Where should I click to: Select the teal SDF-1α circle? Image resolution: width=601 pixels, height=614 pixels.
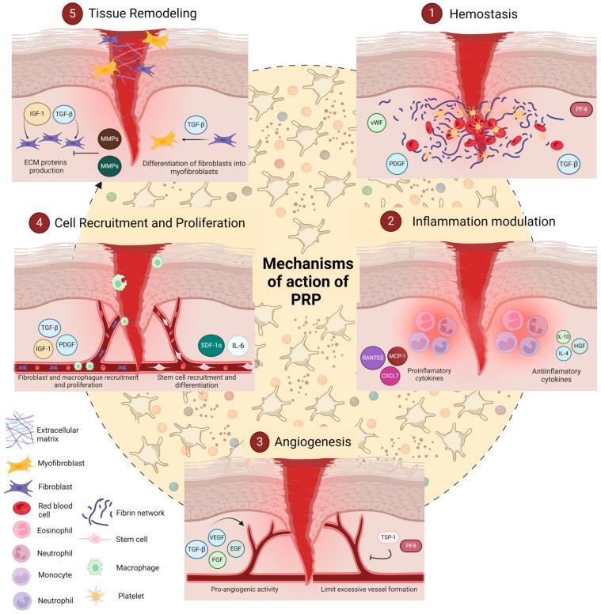point(211,346)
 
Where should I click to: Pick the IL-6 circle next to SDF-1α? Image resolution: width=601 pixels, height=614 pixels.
point(238,346)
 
